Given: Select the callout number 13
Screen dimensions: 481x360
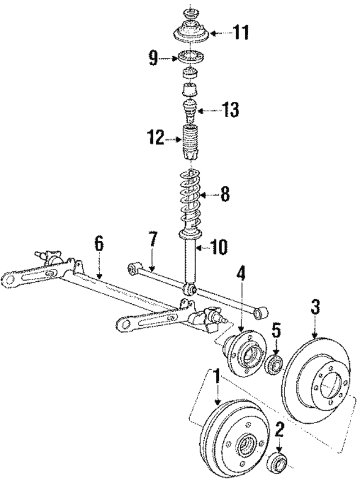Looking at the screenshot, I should (x=231, y=110).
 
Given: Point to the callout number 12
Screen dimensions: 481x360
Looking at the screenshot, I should (x=156, y=137).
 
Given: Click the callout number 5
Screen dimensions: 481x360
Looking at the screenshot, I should (x=276, y=329).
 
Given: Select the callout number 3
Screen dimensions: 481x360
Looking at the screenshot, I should (x=316, y=307).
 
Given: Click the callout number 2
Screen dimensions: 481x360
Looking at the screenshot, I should (x=280, y=431).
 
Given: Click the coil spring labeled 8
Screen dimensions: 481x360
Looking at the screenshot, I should (x=192, y=200).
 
